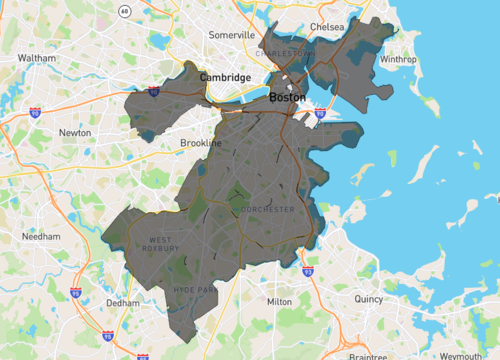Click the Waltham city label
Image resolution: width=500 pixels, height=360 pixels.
tap(37, 58)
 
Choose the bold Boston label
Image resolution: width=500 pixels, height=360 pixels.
tap(288, 97)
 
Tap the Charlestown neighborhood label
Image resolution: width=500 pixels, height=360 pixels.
tap(285, 52)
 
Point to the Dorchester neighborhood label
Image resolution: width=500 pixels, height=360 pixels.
tap(267, 209)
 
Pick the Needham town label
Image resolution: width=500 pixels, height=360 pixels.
tap(40, 237)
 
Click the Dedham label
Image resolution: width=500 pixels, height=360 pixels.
tap(123, 302)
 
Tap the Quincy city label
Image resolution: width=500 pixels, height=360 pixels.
tap(368, 298)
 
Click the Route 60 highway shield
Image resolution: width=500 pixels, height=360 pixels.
tap(123, 11)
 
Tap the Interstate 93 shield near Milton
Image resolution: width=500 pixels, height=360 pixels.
tap(307, 271)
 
